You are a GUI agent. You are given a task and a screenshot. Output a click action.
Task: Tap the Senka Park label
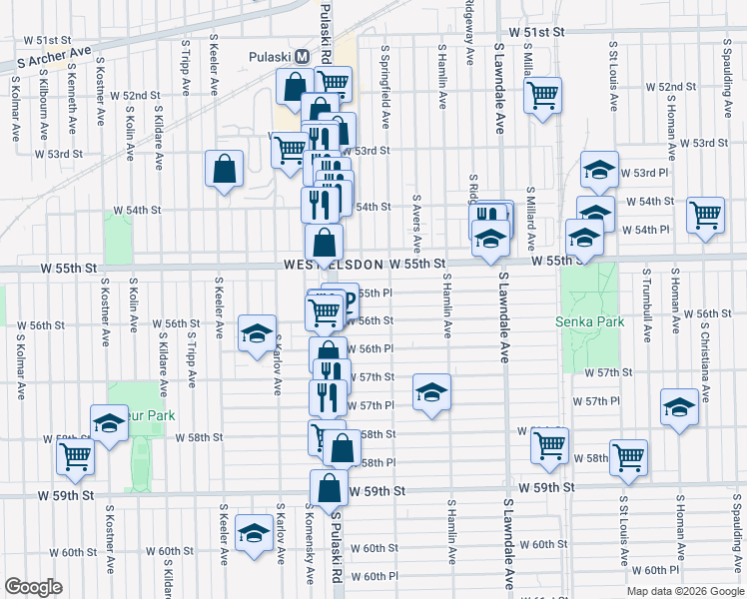pos(590,321)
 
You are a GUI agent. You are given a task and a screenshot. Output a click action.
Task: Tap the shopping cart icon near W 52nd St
pos(543,96)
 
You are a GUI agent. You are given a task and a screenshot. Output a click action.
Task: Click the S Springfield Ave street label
pos(384,86)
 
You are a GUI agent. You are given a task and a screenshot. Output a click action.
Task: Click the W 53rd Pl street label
pos(643,173)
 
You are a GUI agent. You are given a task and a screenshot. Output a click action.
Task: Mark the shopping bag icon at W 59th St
pos(329,488)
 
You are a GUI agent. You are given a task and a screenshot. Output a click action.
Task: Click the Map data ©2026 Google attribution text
pos(685,589)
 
